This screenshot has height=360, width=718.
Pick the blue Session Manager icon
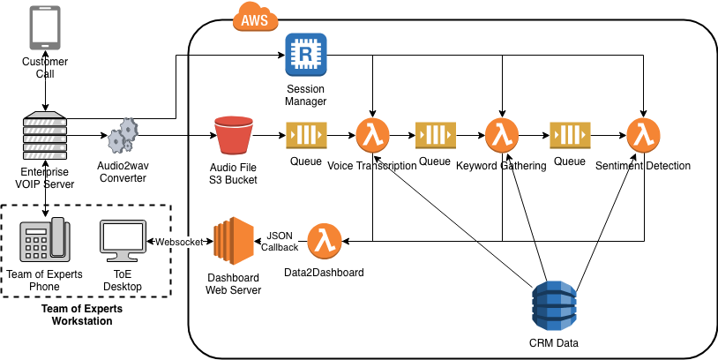point(306,56)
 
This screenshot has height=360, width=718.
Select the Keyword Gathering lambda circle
point(502,136)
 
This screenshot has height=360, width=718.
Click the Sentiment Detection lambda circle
point(642,136)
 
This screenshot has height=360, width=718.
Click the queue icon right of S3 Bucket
point(305,136)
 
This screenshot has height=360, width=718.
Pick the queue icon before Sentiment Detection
point(570,136)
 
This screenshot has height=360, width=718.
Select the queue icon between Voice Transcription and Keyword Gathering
point(435,136)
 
